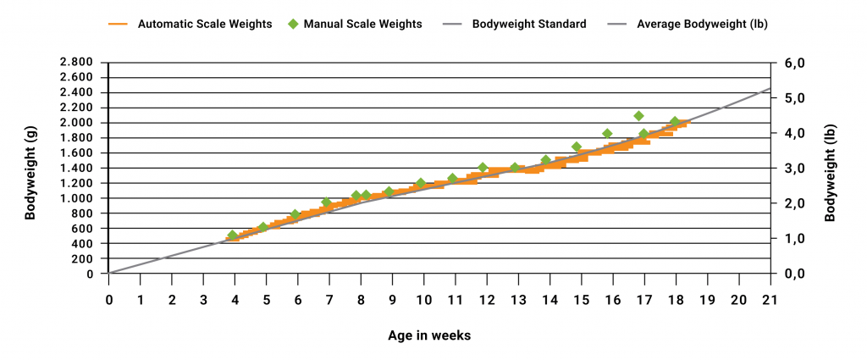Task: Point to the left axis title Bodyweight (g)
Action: (30, 169)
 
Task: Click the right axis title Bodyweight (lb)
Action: (831, 169)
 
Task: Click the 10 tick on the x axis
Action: (423, 300)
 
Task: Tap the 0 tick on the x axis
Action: (109, 300)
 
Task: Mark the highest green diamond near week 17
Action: (638, 116)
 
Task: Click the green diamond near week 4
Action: (233, 235)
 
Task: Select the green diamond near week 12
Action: (483, 168)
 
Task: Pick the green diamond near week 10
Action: (421, 183)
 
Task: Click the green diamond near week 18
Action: (675, 122)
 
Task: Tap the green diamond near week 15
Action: (577, 147)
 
